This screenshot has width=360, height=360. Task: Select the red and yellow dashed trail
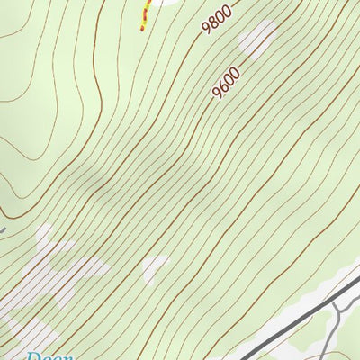point(145,16)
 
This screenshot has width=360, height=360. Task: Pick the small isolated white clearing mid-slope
point(156,266)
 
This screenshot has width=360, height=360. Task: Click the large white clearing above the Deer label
point(63,270)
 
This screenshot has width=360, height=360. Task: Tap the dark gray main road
point(297,319)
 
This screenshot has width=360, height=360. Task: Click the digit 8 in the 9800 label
point(211,22)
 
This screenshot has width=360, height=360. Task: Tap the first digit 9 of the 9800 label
point(206,28)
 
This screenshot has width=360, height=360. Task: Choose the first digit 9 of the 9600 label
point(218,94)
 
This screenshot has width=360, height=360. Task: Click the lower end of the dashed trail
point(141,29)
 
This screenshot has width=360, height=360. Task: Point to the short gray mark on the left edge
point(3,229)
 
